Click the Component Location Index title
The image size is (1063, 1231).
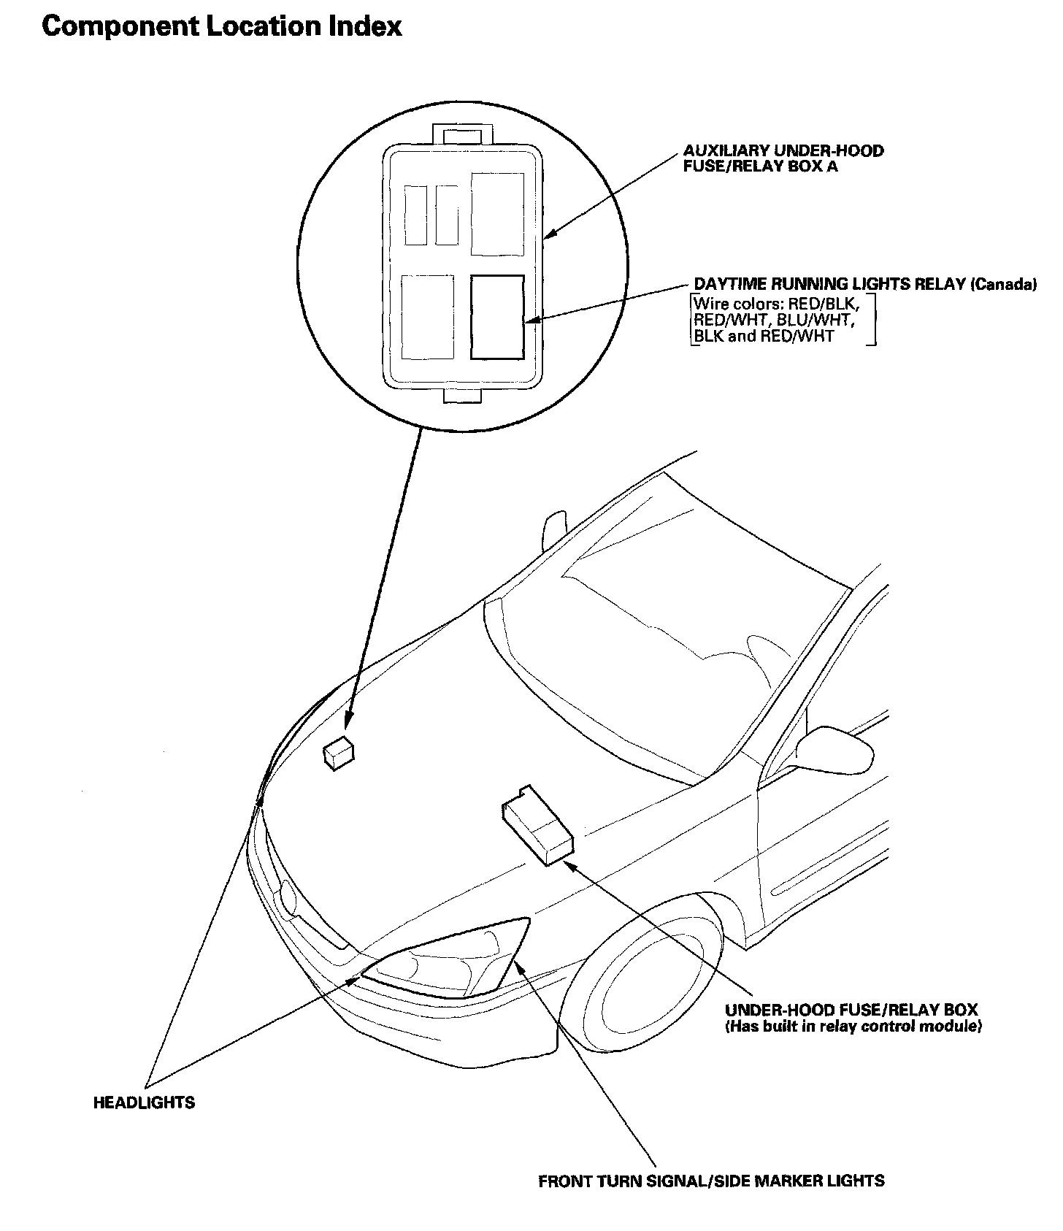pos(222,27)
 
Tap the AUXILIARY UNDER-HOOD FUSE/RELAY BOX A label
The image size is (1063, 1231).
pos(783,158)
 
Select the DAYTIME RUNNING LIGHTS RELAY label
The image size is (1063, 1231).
pos(829,284)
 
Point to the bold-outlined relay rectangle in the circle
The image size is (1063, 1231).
pos(497,317)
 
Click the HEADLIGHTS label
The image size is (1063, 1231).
pos(144,1102)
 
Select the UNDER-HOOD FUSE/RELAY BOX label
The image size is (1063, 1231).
pos(851,1011)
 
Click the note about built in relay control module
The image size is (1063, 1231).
pos(853,1027)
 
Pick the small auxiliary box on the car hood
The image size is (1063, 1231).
pos(338,753)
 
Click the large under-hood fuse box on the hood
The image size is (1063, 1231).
pos(538,826)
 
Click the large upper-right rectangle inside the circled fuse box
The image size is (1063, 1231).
pos(497,214)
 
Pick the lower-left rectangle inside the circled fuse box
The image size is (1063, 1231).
pos(428,317)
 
